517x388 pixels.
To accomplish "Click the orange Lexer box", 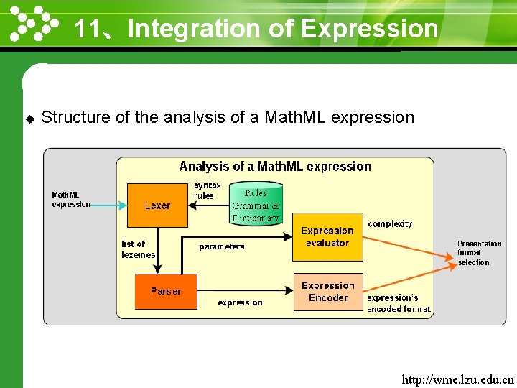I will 157,205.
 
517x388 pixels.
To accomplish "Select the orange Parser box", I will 166,291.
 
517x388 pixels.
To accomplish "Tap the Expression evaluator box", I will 327,237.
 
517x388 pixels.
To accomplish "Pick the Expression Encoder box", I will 328,292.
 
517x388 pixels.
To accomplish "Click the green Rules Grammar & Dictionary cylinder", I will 256,204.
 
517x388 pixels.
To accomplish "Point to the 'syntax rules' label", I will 207,190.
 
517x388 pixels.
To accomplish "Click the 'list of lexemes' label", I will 138,249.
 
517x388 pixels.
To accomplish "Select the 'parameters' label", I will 222,246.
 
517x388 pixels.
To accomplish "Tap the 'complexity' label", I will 390,224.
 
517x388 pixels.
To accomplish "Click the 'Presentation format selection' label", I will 479,253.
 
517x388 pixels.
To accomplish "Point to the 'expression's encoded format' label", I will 399,303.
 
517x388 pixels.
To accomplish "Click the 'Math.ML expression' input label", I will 70,199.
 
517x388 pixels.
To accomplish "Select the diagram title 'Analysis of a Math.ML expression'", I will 275,167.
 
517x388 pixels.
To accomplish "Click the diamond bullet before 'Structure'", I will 29,118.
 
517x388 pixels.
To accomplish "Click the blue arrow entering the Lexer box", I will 108,205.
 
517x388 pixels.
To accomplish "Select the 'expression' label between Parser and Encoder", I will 240,302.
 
